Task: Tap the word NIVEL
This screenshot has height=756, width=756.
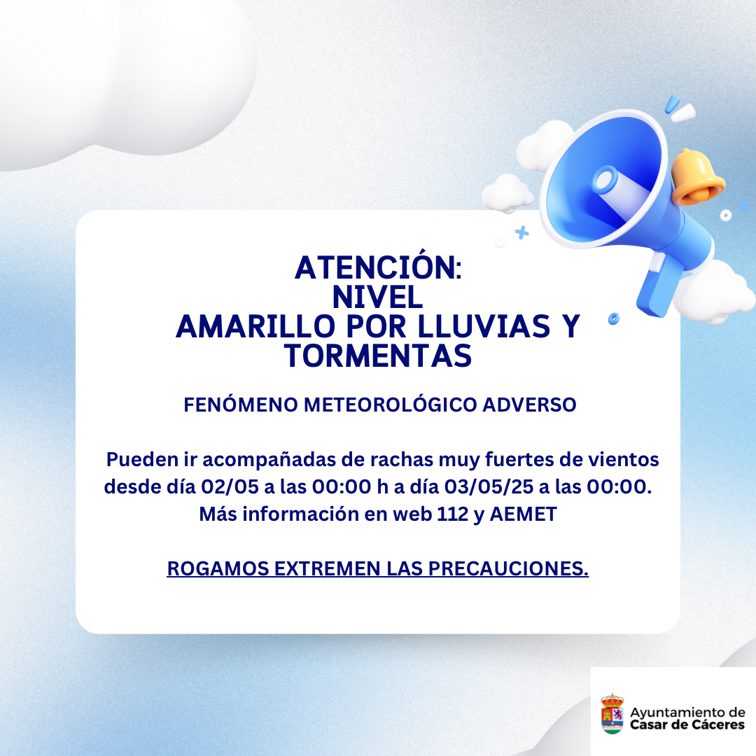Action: tap(377, 297)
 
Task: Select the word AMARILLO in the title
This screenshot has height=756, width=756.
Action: tap(255, 326)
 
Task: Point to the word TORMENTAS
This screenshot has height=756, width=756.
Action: tap(378, 356)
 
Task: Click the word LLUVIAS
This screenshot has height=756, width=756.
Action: tap(484, 326)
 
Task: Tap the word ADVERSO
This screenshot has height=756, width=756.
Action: tap(529, 405)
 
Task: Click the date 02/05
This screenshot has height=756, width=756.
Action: tap(230, 486)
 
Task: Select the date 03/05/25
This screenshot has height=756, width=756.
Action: tap(489, 486)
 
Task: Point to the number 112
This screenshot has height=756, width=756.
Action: tap(453, 514)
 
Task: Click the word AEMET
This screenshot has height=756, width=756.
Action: tap(523, 514)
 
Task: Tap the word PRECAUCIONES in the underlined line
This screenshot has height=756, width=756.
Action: tap(508, 568)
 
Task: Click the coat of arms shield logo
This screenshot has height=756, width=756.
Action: tap(612, 714)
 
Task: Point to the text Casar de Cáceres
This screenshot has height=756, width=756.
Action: tap(687, 724)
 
